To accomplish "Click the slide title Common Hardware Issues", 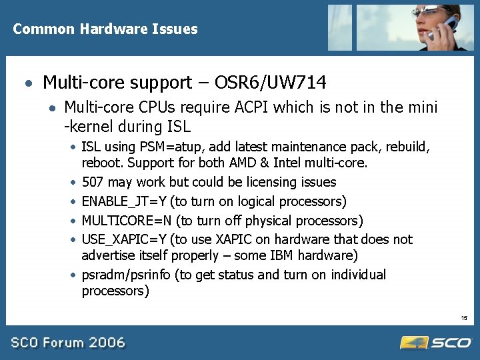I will point(105,29).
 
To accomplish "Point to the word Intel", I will point(289,163).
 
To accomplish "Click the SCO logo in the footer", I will point(436,342).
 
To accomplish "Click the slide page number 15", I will point(463,319).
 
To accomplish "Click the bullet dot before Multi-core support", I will point(27,84).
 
